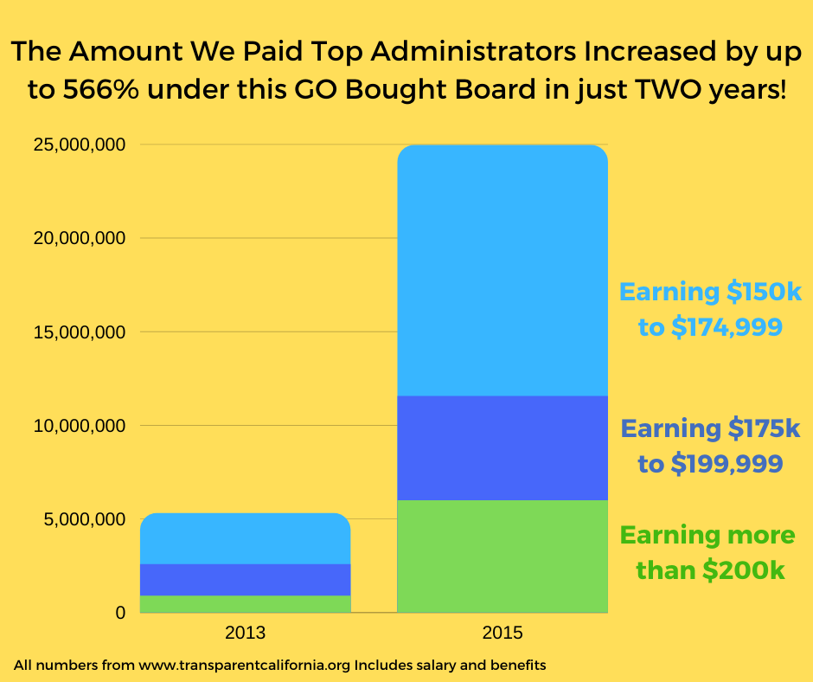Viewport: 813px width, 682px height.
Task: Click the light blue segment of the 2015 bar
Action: (x=502, y=270)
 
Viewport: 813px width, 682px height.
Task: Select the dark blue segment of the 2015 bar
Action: (x=502, y=447)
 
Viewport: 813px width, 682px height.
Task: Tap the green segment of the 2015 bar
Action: (x=502, y=556)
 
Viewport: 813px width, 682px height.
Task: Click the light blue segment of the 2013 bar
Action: (x=245, y=538)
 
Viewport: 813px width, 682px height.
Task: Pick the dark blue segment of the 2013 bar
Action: (x=245, y=579)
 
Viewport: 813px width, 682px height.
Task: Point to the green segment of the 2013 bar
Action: (x=245, y=603)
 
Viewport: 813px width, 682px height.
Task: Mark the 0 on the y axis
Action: (x=120, y=613)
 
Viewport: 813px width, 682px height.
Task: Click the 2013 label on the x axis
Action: (x=245, y=633)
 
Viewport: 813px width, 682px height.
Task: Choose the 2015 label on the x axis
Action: (x=502, y=633)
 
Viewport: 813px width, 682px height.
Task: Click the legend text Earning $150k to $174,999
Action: (x=710, y=309)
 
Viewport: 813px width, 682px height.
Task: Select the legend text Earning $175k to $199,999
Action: (x=710, y=446)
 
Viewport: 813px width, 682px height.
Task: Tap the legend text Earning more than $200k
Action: (x=708, y=552)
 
